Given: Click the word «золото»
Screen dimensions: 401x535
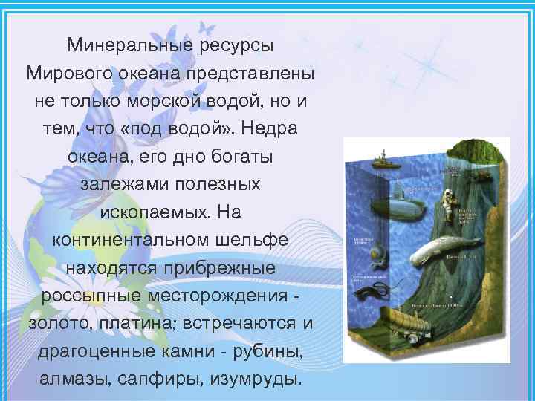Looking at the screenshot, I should pyautogui.click(x=55, y=325).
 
